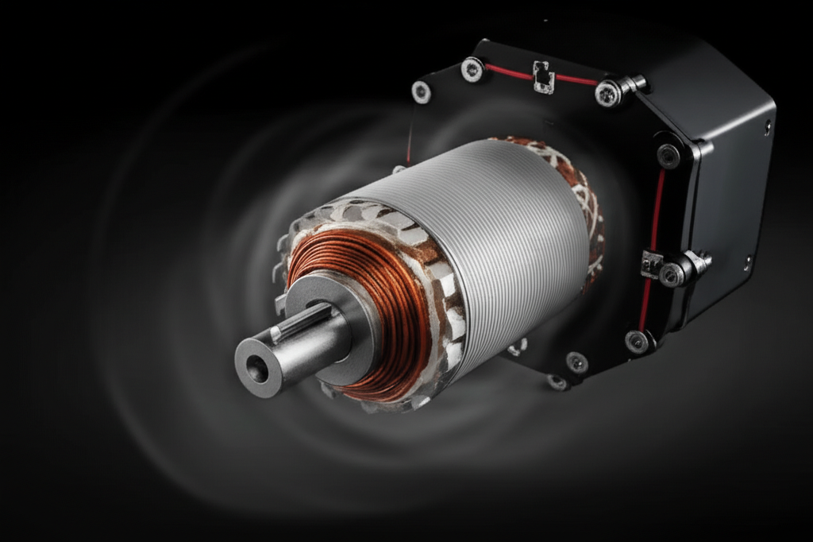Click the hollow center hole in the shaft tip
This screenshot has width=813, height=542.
pos(256,368)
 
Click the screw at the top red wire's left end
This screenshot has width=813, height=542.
pos(472,69)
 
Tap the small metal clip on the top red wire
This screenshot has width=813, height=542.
pos(544,75)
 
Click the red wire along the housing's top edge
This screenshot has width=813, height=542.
pos(508,73)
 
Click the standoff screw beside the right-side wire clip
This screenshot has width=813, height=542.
pos(673,273)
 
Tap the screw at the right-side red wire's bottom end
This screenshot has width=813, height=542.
pos(637,341)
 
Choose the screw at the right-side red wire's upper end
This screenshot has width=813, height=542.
pos(669,155)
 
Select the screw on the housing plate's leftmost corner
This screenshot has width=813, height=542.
pos(421,92)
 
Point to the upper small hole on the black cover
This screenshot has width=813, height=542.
pos(767,125)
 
